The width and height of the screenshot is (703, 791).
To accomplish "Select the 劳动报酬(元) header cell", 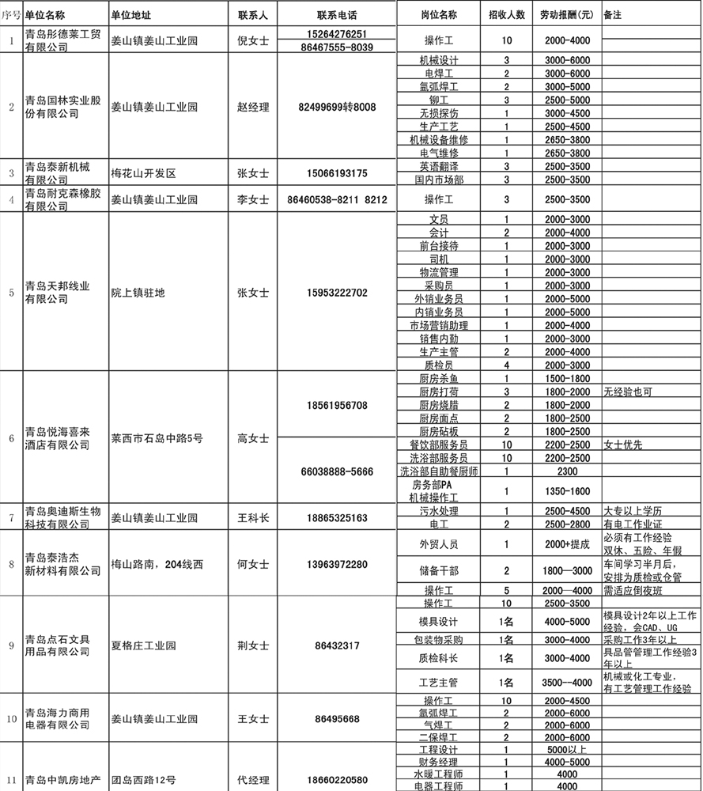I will [x=567, y=15].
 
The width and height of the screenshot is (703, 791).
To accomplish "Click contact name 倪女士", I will [x=253, y=40].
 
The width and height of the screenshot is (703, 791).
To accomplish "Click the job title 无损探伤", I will [x=438, y=113].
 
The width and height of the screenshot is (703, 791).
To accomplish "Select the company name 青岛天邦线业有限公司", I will [x=57, y=293].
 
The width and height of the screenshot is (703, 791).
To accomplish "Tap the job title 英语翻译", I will [x=438, y=166].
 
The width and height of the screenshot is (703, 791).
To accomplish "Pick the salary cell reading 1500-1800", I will [x=567, y=379].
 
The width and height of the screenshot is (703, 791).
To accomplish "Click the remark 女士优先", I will [x=628, y=445].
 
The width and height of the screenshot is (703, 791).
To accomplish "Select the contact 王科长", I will [x=253, y=518].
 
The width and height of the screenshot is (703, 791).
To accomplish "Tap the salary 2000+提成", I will [x=567, y=544].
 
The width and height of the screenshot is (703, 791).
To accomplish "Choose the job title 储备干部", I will [x=438, y=570].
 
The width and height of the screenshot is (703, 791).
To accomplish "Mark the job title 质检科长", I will [x=438, y=658].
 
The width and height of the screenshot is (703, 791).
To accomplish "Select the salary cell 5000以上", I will [x=567, y=750].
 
